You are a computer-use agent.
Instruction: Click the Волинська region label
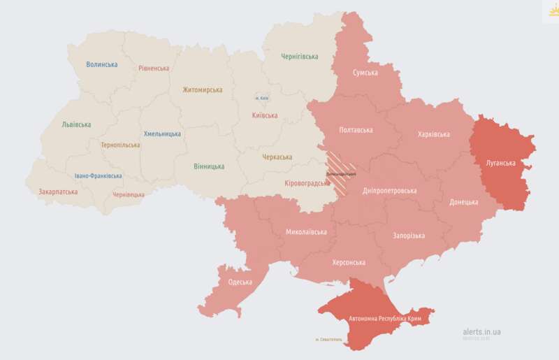(x=102, y=64)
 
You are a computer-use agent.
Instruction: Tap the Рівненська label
(x=154, y=69)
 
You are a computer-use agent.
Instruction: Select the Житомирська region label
(x=202, y=89)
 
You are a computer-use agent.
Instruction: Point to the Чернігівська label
(x=299, y=57)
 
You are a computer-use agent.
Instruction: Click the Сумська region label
(x=365, y=73)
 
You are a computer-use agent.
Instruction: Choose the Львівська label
(x=76, y=124)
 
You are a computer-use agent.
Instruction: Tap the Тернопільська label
(x=120, y=145)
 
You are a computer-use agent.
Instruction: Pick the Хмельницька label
(x=162, y=134)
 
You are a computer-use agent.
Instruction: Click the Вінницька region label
(x=209, y=166)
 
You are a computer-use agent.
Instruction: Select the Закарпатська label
(x=58, y=191)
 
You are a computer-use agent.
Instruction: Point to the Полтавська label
(x=356, y=130)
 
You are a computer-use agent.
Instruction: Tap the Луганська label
(x=500, y=163)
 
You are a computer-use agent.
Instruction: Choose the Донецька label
(x=464, y=202)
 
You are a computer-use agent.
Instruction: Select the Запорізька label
(x=409, y=236)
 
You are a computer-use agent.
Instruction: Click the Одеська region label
(x=240, y=282)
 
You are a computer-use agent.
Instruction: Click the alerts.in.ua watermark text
(x=481, y=331)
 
